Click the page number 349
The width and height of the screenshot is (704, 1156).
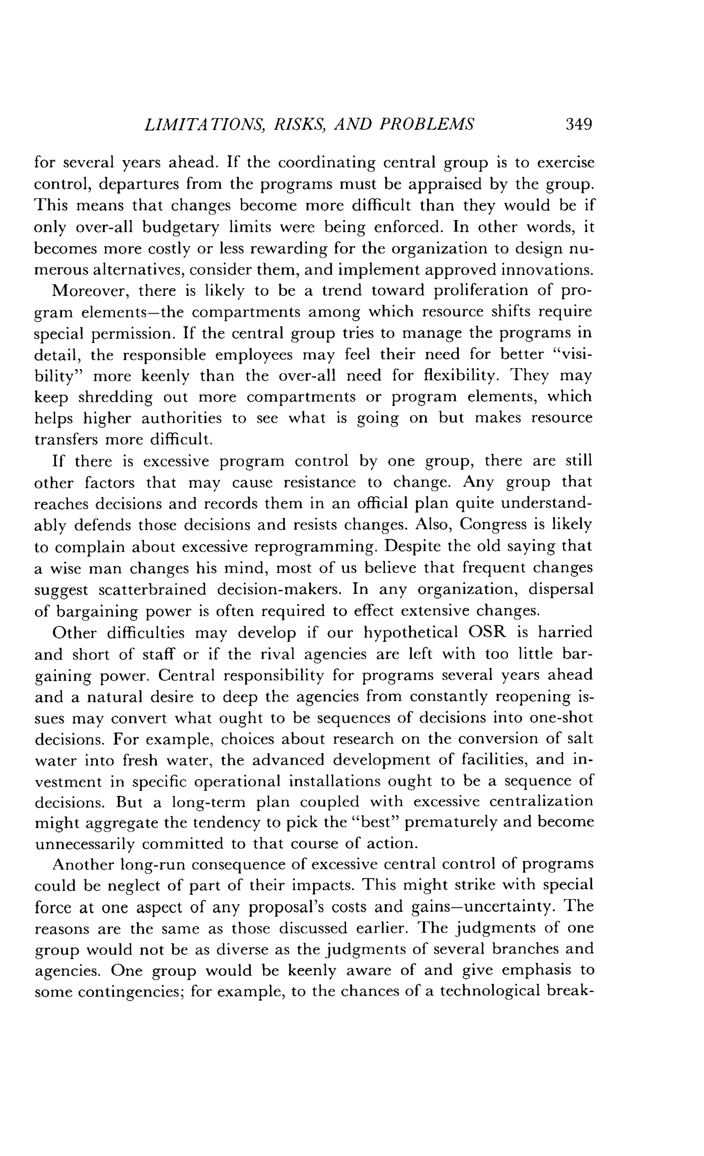coord(579,124)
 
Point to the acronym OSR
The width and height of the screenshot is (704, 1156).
coord(488,632)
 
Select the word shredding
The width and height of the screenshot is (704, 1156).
coord(115,397)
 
